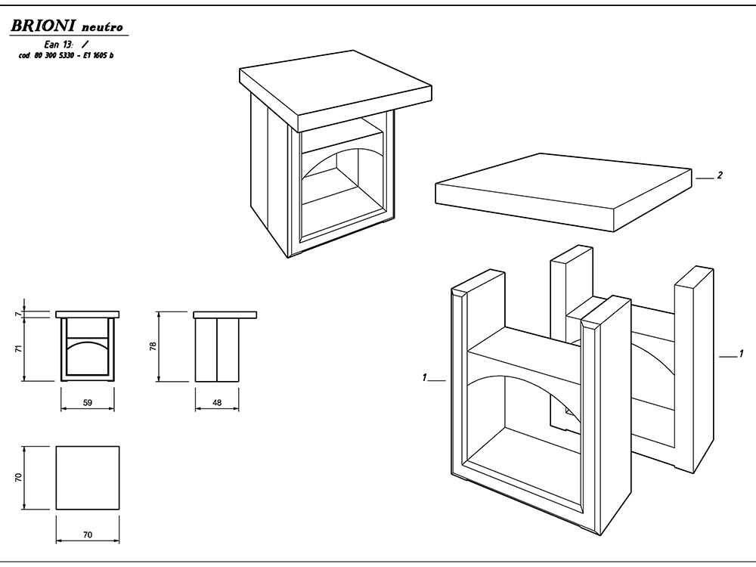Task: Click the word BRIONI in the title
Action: pos(42,26)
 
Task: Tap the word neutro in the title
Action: pos(102,27)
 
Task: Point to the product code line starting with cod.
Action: pos(66,55)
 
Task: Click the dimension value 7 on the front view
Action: pos(18,314)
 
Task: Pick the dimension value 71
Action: pos(18,349)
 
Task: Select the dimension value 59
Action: pos(87,402)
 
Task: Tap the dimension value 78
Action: pos(153,346)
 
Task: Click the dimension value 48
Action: pos(217,402)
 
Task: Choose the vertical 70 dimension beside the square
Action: pos(18,477)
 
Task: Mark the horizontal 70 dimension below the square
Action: pos(87,534)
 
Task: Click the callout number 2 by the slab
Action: pos(720,175)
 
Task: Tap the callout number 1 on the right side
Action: pos(741,354)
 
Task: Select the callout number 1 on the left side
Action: pos(424,377)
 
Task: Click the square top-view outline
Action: pos(88,477)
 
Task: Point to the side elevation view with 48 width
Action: pos(225,346)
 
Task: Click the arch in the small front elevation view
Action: pos(87,345)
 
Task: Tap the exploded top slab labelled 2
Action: pos(565,192)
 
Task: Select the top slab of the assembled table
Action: pos(336,91)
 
